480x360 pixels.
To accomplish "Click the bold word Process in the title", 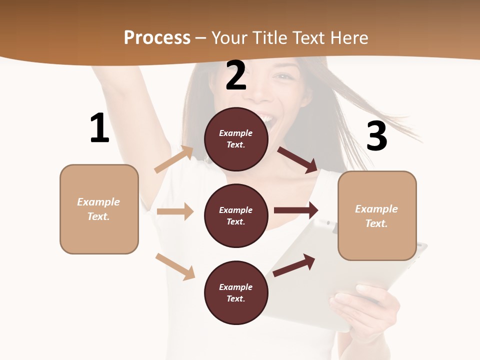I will click(157, 37).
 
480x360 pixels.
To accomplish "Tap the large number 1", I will click(99, 128).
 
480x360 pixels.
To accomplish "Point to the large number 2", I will click(236, 75).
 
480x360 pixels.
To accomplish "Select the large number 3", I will click(376, 136).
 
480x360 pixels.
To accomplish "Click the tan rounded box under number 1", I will click(99, 209).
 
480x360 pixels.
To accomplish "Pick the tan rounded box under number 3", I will click(377, 216).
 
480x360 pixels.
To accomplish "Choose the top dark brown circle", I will click(236, 139).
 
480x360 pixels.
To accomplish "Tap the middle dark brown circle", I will click(236, 215).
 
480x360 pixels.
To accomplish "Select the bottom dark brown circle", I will click(236, 292).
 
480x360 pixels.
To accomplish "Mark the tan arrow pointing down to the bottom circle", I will click(175, 266).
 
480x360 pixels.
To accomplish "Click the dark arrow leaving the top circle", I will click(297, 159).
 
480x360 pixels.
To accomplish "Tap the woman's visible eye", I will click(283, 77).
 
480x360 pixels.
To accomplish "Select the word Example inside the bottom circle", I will click(235, 287).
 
